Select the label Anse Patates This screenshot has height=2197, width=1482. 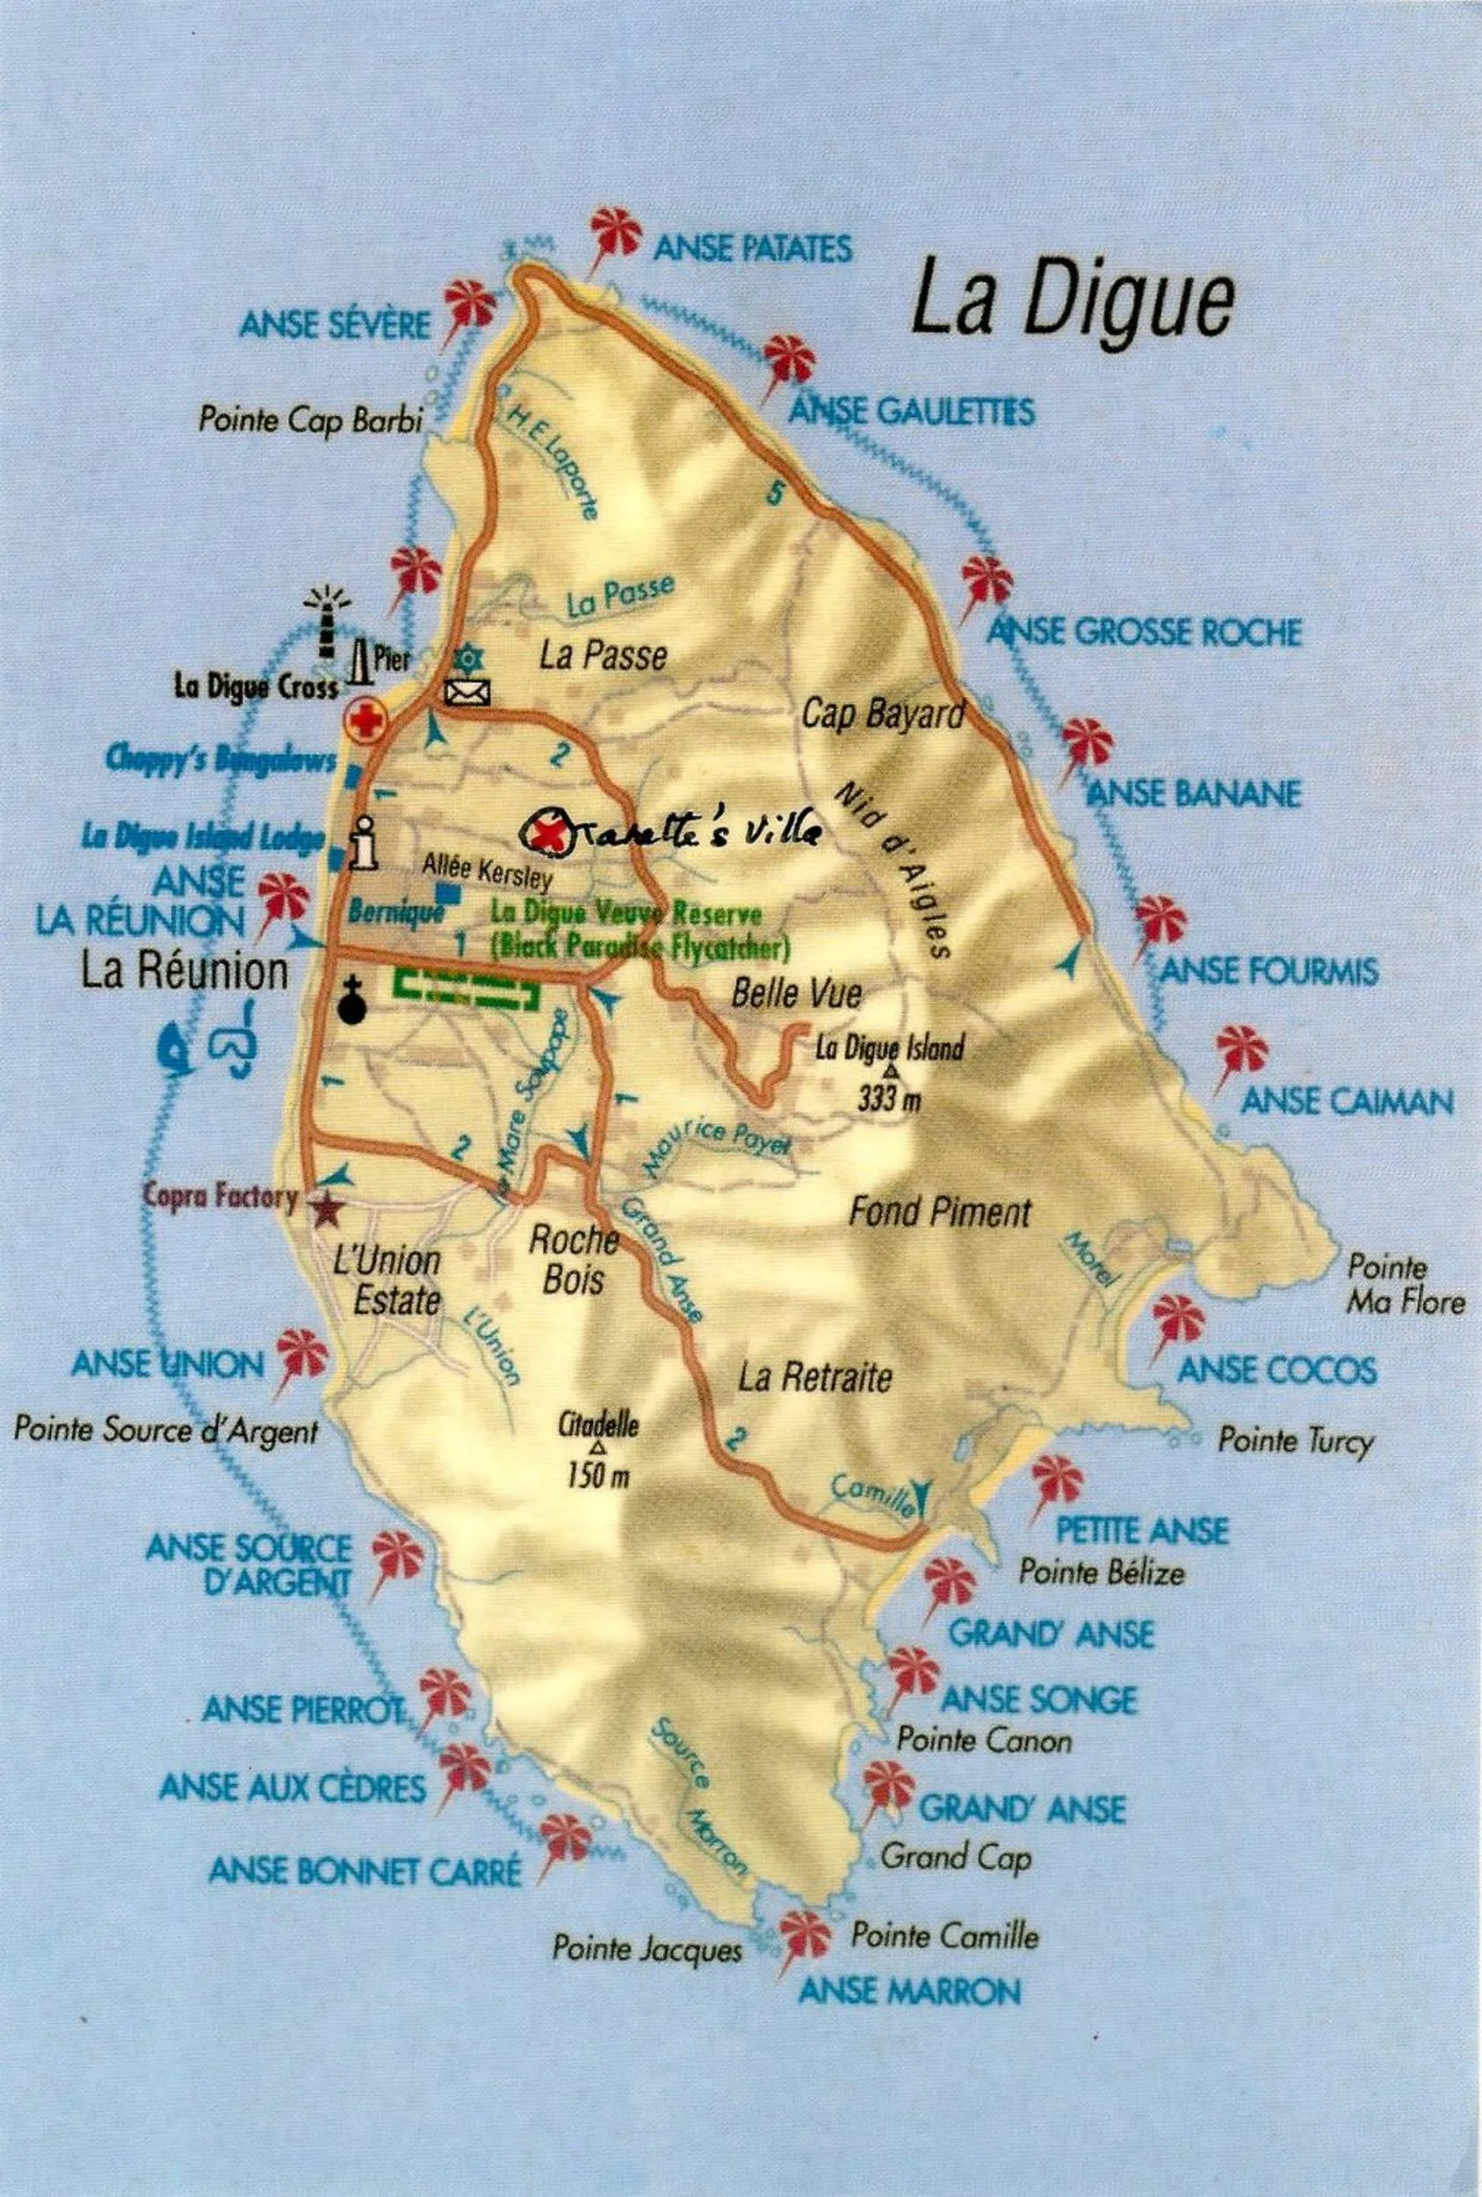coord(752,249)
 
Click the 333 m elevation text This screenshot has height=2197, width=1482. coord(888,1098)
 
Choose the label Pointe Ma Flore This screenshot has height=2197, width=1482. coord(1405,1285)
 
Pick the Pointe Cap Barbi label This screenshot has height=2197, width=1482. coord(310,420)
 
